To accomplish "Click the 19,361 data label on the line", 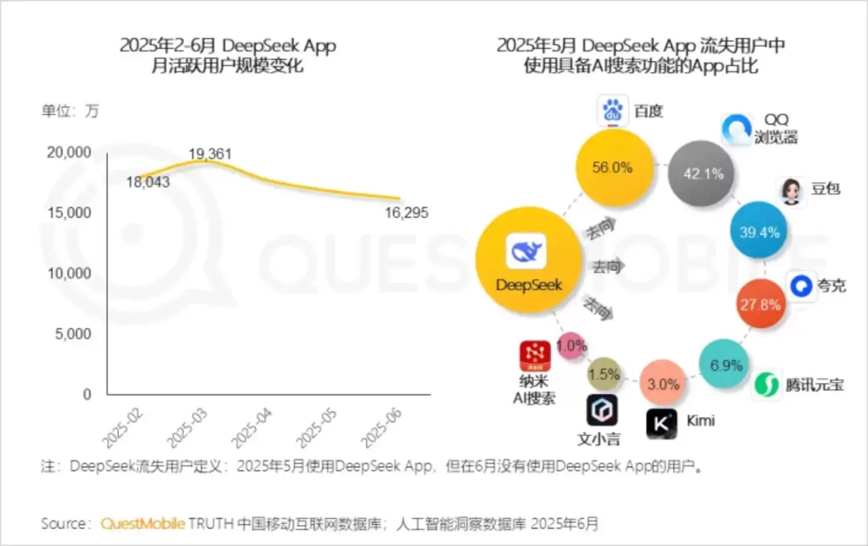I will [210, 154].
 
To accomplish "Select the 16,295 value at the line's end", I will [406, 213].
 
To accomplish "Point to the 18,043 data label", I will [148, 182].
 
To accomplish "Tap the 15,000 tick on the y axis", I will [69, 213].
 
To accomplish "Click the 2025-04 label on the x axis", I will [252, 428].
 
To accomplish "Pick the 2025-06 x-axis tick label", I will [382, 428].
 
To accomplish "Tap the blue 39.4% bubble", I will [759, 233].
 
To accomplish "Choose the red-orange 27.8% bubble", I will [760, 305].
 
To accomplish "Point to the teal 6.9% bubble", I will [725, 365].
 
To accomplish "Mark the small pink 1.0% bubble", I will [571, 346].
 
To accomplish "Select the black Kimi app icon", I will [662, 424].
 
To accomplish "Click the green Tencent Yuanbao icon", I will [767, 385].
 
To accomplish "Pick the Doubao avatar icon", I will [791, 191].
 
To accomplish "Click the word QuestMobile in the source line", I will [143, 524].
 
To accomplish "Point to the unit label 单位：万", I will [70, 111].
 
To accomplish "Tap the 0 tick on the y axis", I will [87, 395].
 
